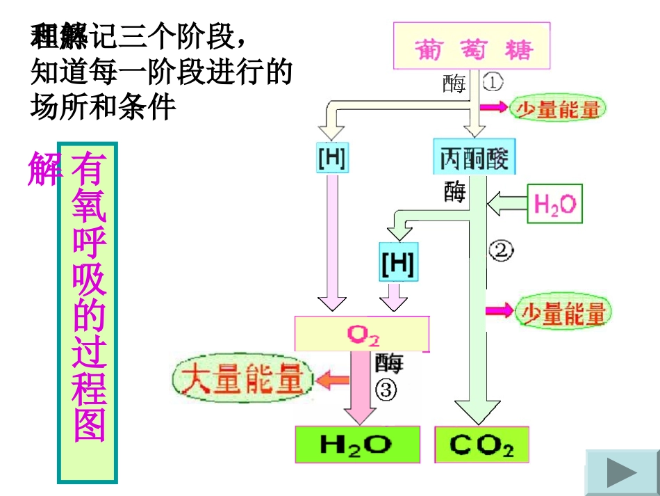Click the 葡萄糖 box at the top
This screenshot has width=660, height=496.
(x=472, y=47)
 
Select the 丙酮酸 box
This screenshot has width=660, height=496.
(x=475, y=157)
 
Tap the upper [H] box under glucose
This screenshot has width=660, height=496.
(x=332, y=158)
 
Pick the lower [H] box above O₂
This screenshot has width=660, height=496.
(x=398, y=262)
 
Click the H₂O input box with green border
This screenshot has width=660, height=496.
(x=555, y=204)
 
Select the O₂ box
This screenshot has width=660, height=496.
(x=362, y=335)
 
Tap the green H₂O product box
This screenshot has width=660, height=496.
(x=357, y=445)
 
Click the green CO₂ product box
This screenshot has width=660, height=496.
(x=481, y=445)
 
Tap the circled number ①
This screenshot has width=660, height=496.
(x=492, y=83)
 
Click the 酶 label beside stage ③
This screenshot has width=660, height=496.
(x=388, y=362)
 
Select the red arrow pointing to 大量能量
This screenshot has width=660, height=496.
(x=333, y=380)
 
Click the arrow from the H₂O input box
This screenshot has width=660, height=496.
(x=506, y=204)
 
